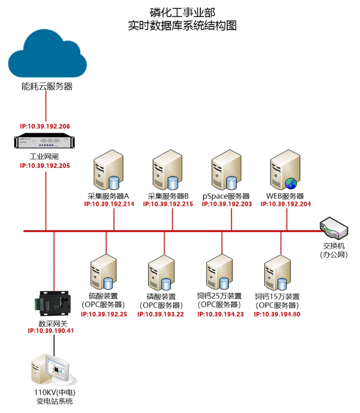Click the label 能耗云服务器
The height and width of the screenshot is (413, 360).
point(47,87)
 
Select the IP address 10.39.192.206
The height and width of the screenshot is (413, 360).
point(45,126)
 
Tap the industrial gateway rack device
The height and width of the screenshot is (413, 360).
point(44,142)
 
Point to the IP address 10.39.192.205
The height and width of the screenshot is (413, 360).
point(45,166)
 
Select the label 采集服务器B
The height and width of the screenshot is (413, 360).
point(168,196)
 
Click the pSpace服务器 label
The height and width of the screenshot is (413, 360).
point(226,196)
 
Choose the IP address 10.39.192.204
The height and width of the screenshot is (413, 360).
point(286,204)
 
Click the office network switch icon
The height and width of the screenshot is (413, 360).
point(334,228)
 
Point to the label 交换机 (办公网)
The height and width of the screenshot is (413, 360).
point(334,250)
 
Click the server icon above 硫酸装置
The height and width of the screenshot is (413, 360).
point(103,272)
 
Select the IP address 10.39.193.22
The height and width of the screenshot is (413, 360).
point(161,314)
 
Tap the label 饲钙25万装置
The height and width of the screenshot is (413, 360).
point(219,296)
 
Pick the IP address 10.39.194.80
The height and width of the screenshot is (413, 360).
point(277,314)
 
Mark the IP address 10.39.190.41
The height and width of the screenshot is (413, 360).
point(51,331)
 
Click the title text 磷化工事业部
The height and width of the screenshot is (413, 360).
point(182,12)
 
